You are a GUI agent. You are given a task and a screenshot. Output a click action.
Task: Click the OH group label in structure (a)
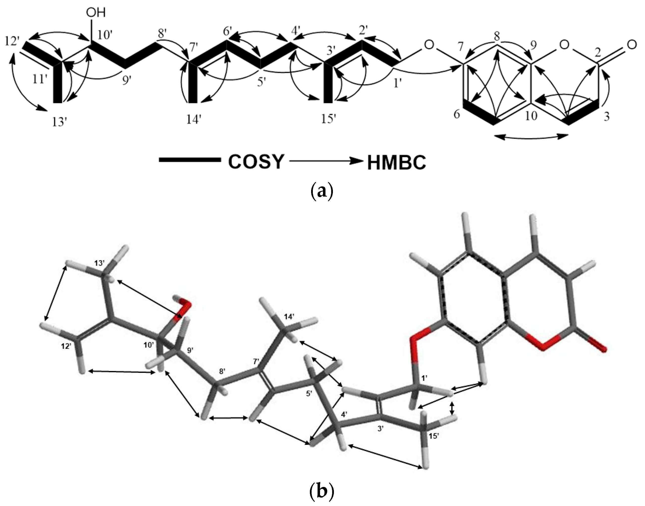coord(95,13)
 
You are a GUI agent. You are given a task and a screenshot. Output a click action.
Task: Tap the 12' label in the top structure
coord(14,42)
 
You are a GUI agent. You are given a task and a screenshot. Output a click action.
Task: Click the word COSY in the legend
coord(256,162)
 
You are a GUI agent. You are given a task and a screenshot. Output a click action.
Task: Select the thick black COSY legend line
coord(190,160)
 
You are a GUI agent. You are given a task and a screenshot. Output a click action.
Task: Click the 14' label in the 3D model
coord(289,317)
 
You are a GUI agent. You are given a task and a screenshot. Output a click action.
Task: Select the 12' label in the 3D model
coord(66,346)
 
